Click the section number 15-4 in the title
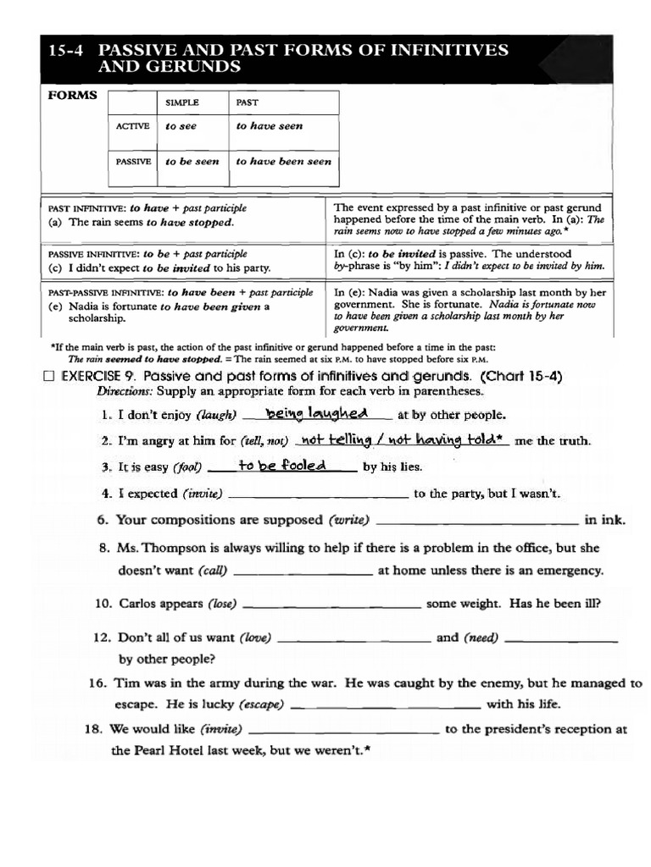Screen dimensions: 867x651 tap(68, 50)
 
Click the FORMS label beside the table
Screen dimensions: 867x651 tap(72, 96)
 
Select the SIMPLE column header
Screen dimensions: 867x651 tap(182, 102)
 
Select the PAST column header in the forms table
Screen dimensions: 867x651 tap(248, 102)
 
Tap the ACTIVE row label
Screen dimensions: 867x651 tap(133, 126)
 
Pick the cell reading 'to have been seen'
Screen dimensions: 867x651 tap(283, 161)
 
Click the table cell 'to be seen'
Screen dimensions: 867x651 tap(192, 161)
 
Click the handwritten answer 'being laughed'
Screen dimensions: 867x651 tap(316, 413)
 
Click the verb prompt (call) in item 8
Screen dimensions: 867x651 tap(213, 571)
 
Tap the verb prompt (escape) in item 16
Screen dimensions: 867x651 tap(261, 704)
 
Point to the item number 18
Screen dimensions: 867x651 tap(94, 729)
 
